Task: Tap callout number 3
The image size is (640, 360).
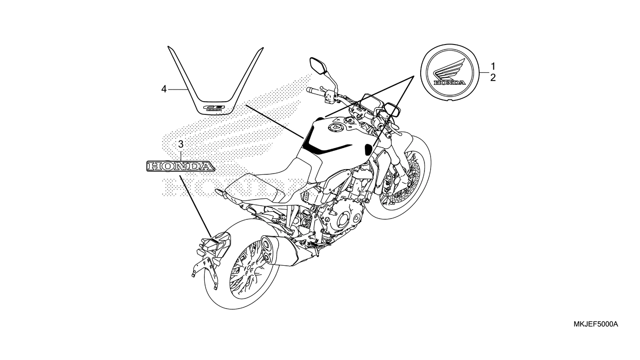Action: pyautogui.click(x=180, y=144)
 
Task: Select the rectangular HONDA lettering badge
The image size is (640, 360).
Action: pyautogui.click(x=180, y=166)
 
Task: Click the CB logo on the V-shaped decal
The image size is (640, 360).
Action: pyautogui.click(x=215, y=107)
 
